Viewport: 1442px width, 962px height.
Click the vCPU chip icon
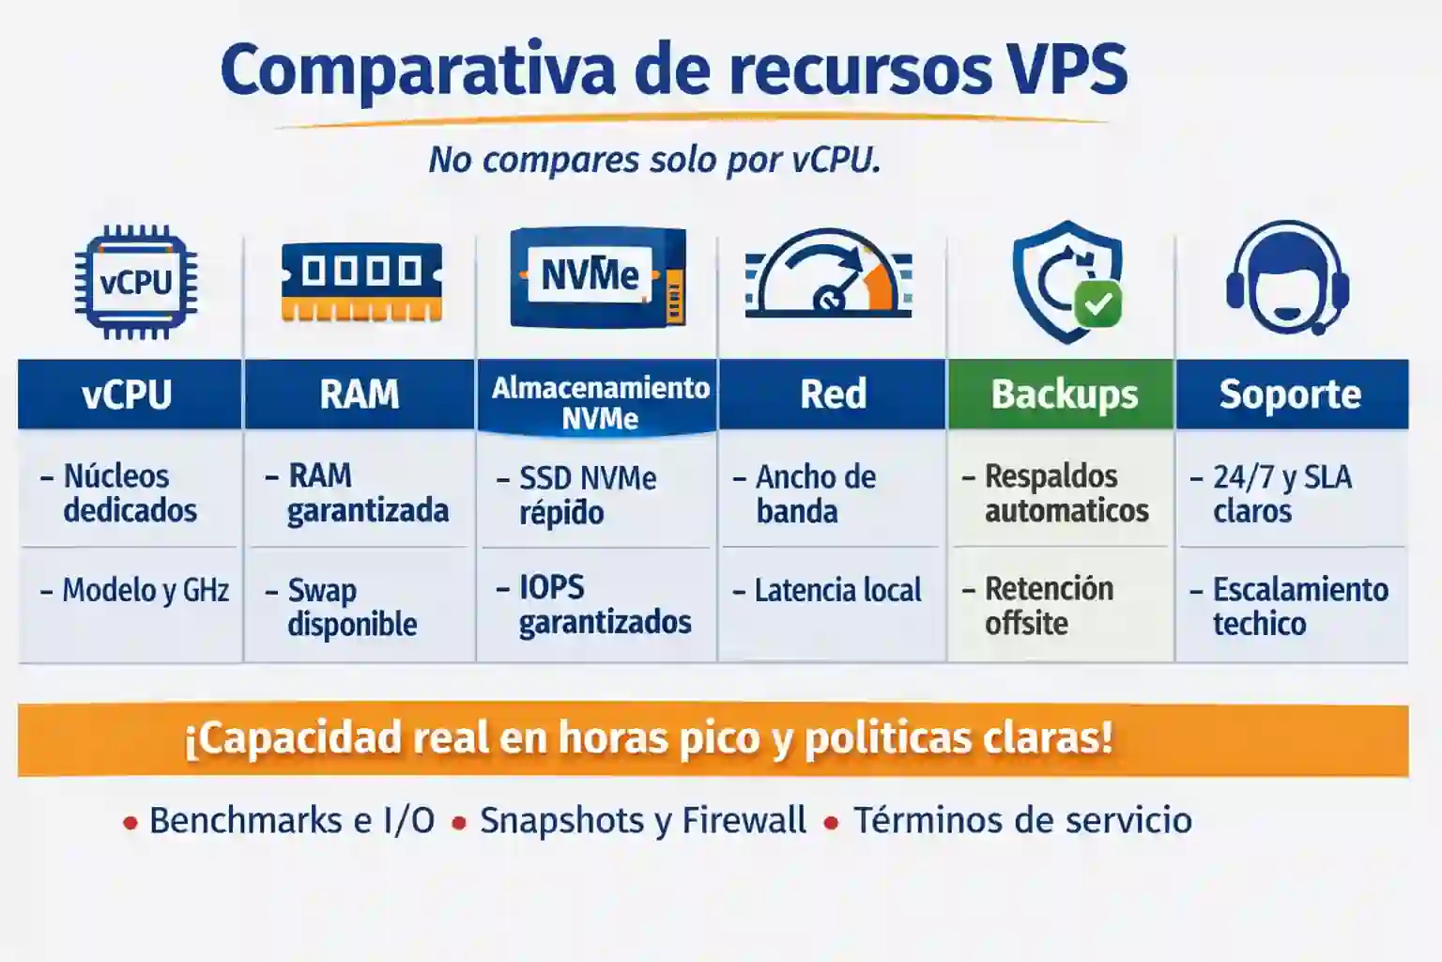136,282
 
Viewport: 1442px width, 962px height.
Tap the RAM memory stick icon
361,282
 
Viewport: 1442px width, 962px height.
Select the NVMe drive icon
597,278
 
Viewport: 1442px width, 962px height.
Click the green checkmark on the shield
1097,303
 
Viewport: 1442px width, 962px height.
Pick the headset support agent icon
1287,278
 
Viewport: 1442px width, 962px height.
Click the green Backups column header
1064,395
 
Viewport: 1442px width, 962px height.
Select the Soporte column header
1290,395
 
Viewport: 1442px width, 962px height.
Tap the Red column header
833,395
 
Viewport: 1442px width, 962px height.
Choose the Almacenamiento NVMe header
600,402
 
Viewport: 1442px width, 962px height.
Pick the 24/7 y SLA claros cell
1281,494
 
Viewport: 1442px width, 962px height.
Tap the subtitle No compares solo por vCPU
654,160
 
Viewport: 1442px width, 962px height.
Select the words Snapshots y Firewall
642,820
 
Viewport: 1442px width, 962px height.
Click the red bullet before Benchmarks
130,824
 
